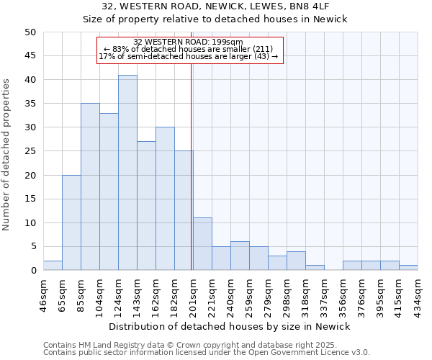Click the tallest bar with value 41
coord(127,173)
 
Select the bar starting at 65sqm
coord(71,222)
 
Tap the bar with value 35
coord(90,186)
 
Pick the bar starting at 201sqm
coord(202,244)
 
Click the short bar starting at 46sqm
coord(53,266)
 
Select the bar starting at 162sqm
coord(165,199)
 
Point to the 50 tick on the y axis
coord(30,32)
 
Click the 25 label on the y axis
coord(30,151)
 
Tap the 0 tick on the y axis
coord(33,271)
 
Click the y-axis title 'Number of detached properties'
coord(7,155)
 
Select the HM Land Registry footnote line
coord(206,345)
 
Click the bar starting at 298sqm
coord(296,261)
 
